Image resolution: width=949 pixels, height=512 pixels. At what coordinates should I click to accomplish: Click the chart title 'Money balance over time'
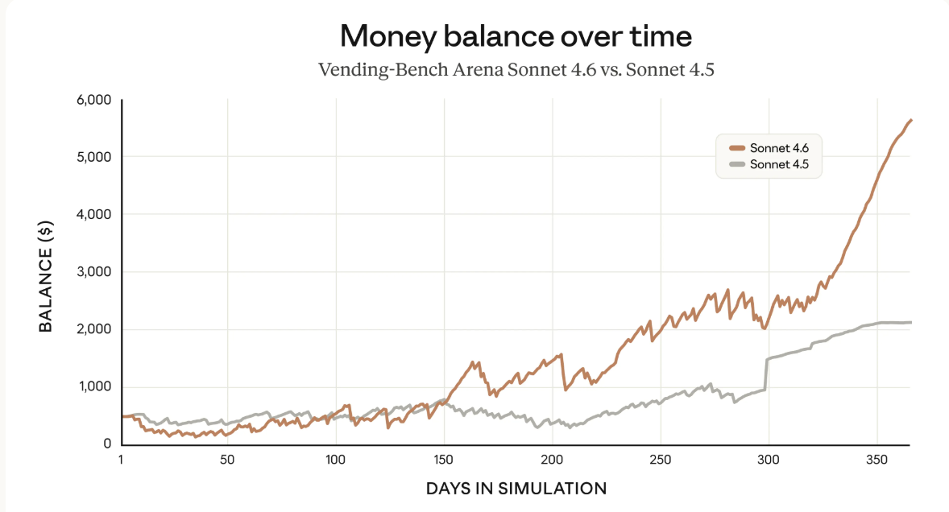click(x=516, y=36)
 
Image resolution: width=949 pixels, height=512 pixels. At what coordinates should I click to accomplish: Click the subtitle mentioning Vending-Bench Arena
click(x=516, y=69)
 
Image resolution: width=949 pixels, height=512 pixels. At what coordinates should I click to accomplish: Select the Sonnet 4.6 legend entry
click(x=773, y=148)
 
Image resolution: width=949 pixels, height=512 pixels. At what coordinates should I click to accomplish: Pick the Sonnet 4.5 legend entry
click(x=773, y=164)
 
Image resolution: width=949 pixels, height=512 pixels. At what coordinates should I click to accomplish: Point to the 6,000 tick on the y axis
click(x=93, y=100)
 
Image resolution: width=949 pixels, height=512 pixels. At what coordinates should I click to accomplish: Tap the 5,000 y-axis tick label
click(x=93, y=157)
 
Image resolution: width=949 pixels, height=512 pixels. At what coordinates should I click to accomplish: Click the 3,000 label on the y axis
click(x=93, y=272)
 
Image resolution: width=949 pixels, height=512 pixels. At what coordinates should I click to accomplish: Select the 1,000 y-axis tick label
click(x=93, y=387)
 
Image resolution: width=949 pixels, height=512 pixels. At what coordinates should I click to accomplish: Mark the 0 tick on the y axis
click(x=106, y=444)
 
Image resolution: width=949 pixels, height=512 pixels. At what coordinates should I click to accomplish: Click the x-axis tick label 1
click(x=121, y=460)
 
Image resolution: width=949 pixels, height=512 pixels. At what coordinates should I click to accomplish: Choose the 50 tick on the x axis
click(x=227, y=460)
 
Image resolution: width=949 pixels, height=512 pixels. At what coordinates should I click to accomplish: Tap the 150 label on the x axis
click(x=444, y=460)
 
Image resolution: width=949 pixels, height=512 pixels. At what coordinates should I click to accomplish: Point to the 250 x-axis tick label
click(x=661, y=460)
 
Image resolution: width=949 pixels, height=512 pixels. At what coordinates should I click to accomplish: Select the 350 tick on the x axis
click(x=877, y=460)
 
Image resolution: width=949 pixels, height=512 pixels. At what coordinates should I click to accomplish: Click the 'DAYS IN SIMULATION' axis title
click(x=516, y=488)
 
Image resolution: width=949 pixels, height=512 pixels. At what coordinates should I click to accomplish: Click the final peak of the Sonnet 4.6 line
click(x=910, y=120)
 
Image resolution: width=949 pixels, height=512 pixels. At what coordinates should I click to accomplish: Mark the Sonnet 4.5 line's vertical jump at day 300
click(x=766, y=374)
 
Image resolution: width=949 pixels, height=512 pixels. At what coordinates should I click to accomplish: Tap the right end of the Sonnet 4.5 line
click(x=910, y=322)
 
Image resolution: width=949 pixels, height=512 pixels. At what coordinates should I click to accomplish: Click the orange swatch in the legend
click(x=736, y=148)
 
